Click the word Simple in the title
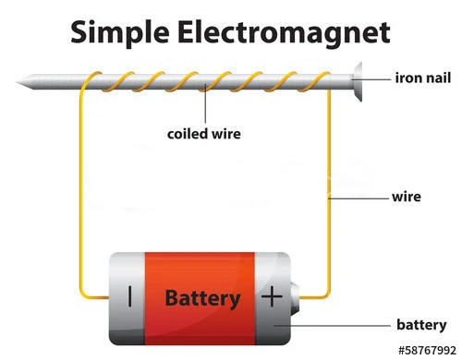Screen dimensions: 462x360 [120, 33]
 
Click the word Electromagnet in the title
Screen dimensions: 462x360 [284, 33]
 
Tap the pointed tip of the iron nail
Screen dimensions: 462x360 [17, 82]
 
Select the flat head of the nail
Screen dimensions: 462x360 [358, 81]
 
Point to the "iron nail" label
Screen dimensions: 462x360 [423, 78]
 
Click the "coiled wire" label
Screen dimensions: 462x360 [204, 134]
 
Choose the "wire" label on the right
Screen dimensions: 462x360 [407, 197]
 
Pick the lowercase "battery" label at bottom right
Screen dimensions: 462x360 [421, 325]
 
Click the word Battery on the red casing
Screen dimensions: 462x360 [202, 299]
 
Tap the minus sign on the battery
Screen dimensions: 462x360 [130, 296]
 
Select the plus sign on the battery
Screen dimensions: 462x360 [272, 296]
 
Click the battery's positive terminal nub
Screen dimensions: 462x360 [295, 298]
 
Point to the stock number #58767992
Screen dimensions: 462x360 [427, 351]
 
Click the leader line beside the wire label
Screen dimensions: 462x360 [359, 198]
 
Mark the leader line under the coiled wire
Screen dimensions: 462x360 [205, 103]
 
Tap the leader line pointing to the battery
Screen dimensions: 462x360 [332, 325]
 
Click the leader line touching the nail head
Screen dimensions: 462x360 [371, 79]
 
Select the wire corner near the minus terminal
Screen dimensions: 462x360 [84, 294]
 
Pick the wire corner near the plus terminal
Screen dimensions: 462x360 [327, 294]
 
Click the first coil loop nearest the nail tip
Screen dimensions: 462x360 [92, 78]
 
